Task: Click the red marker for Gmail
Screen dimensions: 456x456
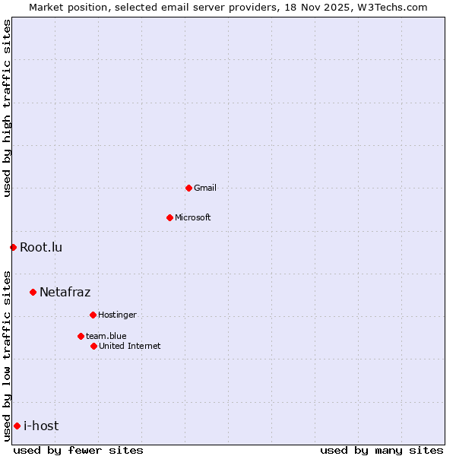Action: pyautogui.click(x=188, y=188)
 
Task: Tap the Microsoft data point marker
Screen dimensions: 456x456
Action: pyautogui.click(x=169, y=217)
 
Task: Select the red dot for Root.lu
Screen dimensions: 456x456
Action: pyautogui.click(x=13, y=247)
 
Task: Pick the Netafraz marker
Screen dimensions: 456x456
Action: pyautogui.click(x=33, y=292)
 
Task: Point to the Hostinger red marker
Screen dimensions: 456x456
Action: pyautogui.click(x=93, y=315)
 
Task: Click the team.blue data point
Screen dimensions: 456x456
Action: pyautogui.click(x=81, y=336)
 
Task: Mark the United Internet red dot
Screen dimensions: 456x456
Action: pyautogui.click(x=93, y=346)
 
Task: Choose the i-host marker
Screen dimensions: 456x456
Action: pyautogui.click(x=17, y=426)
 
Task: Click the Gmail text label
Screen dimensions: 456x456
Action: pyautogui.click(x=205, y=188)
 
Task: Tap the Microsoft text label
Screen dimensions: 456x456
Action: pyautogui.click(x=193, y=217)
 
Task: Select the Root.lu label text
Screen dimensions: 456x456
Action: pyautogui.click(x=41, y=247)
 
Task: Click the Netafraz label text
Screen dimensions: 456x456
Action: pyautogui.click(x=65, y=292)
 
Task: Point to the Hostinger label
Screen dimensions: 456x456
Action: pyautogui.click(x=117, y=315)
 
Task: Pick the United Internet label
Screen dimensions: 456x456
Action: pyautogui.click(x=130, y=346)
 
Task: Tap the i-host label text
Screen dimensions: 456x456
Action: pyautogui.click(x=41, y=426)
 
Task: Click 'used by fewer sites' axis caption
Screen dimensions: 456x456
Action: pyautogui.click(x=78, y=450)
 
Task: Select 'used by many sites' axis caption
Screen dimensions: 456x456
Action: pyautogui.click(x=382, y=450)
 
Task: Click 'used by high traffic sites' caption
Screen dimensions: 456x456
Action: pyautogui.click(x=7, y=108)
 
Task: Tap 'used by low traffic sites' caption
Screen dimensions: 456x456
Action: pyautogui.click(x=7, y=355)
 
